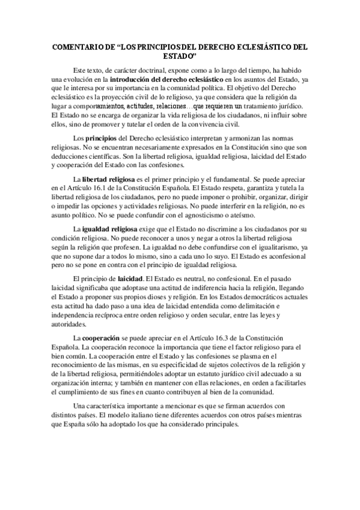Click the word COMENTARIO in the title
click(x=76, y=46)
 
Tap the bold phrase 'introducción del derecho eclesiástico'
click(x=175, y=80)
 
